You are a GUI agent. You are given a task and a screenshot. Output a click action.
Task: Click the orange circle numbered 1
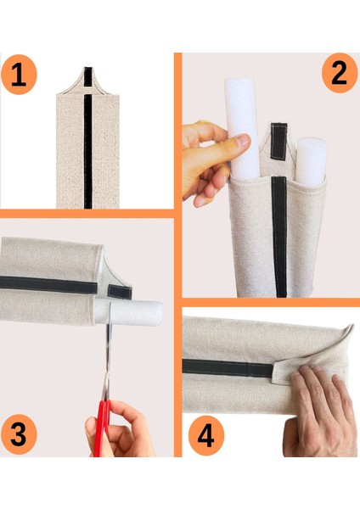coord(19,75)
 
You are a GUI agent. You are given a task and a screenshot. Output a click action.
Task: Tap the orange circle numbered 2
coord(340,73)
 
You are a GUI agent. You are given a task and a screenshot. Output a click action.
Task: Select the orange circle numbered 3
coord(19,434)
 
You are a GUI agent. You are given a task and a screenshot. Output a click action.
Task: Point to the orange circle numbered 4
coord(206,435)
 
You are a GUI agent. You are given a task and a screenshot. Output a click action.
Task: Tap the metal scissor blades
coord(108,350)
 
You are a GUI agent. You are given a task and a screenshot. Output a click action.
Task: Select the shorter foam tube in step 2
coord(312,161)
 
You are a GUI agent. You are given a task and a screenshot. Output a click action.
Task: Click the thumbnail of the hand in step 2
coord(243,141)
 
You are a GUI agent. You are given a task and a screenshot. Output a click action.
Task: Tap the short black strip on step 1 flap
coord(88,76)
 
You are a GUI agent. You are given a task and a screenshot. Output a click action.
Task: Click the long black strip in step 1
coord(88,151)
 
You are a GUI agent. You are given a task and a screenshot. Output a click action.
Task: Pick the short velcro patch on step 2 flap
coord(278,142)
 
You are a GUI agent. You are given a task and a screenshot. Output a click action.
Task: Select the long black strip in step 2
coord(279,237)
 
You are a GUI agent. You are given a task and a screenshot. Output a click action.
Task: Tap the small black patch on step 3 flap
coord(120,292)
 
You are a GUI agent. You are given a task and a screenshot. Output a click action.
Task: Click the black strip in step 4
coord(228,368)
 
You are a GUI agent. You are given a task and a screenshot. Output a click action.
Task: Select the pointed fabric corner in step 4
coord(351,327)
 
